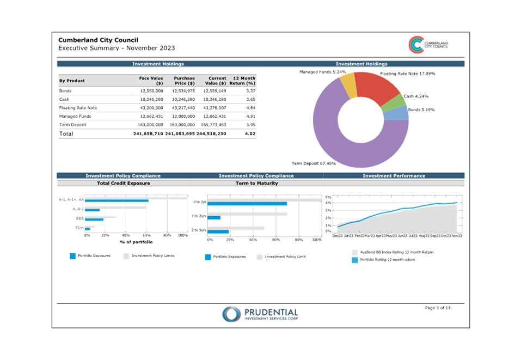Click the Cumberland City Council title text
pyautogui.click(x=98, y=40)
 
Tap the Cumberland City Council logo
pyautogui.click(x=428, y=45)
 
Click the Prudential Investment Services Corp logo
pyautogui.click(x=260, y=314)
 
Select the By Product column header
pyautogui.click(x=72, y=81)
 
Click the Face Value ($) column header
pyautogui.click(x=151, y=81)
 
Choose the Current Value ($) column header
pyautogui.click(x=214, y=81)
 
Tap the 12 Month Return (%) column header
pyautogui.click(x=243, y=81)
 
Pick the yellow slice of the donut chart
pyautogui.click(x=348, y=85)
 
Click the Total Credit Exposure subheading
pyautogui.click(x=123, y=184)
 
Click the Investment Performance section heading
pyautogui.click(x=394, y=176)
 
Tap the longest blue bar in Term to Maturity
pyautogui.click(x=248, y=204)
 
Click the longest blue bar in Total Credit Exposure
pyautogui.click(x=118, y=200)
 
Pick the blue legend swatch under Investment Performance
pyautogui.click(x=355, y=260)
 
